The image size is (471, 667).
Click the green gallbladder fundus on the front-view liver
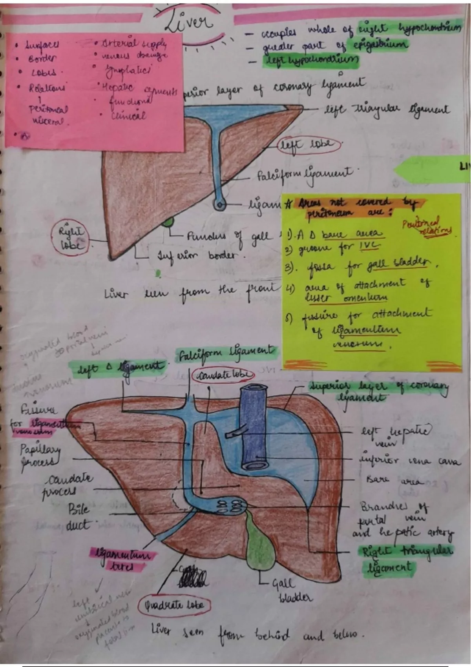(x=168, y=222)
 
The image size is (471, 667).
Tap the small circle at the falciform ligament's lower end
(x=220, y=204)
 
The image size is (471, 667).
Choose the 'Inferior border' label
(x=201, y=256)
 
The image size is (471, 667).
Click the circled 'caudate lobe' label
(x=223, y=375)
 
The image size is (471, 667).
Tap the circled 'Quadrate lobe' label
(x=174, y=605)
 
